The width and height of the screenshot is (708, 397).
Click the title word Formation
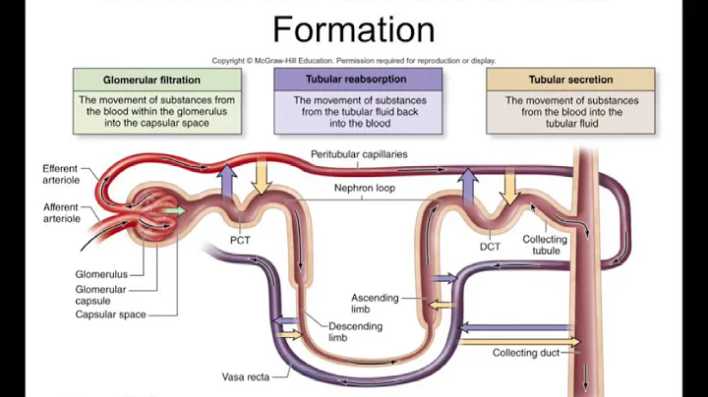point(353,28)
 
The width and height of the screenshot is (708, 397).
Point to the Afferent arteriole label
point(60,212)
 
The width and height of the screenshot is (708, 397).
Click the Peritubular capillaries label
point(359,154)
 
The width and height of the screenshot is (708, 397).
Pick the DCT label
point(492,247)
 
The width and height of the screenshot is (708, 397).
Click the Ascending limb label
point(376,304)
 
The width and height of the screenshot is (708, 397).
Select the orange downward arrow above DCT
point(510,185)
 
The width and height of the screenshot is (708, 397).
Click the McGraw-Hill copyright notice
point(353,60)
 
